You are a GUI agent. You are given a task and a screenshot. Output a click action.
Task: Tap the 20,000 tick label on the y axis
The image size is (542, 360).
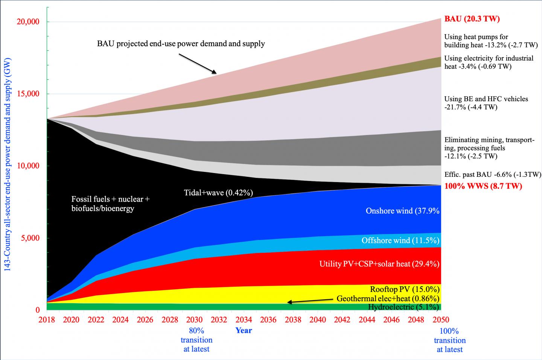29,22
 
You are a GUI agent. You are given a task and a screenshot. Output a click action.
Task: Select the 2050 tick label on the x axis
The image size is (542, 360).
441,320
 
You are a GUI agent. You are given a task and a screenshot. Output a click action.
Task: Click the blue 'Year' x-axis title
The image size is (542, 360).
244,331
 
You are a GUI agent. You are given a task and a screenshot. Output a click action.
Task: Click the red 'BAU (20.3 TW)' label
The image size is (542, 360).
472,19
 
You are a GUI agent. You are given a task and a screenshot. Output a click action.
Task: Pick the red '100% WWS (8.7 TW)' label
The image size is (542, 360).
483,186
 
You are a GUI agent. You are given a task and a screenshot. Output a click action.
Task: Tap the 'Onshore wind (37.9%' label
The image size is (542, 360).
402,211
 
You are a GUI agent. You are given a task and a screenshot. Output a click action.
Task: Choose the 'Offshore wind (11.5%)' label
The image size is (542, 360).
400,240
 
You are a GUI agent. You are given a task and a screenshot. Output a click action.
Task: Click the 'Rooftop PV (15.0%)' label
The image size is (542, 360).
405,289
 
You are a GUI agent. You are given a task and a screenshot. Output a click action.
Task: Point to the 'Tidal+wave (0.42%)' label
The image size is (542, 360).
218,193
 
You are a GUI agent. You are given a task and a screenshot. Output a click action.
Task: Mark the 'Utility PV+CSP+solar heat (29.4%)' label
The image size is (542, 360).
379,264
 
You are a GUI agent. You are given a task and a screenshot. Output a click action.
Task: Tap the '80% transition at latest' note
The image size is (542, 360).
196,340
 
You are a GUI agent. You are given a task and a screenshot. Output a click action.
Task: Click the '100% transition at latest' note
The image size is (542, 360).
450,340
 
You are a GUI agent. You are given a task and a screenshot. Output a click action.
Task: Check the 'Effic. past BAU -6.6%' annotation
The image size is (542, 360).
493,175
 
